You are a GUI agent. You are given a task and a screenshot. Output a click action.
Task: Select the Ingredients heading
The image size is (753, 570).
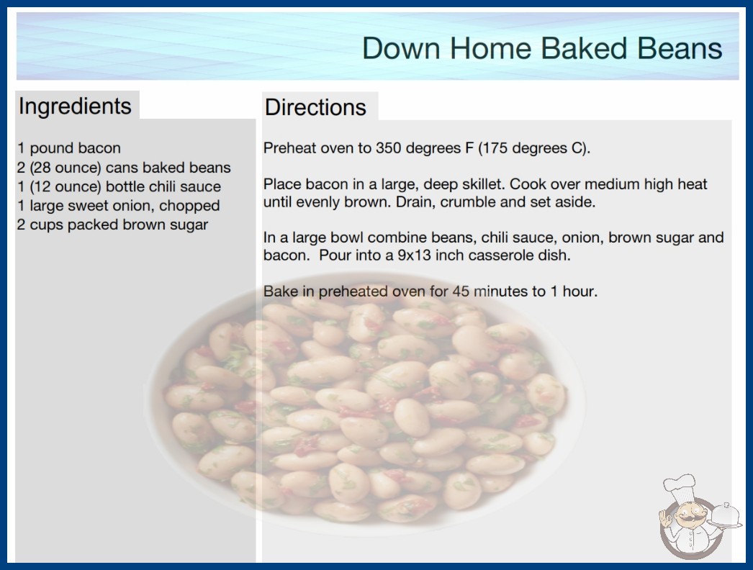coord(75,107)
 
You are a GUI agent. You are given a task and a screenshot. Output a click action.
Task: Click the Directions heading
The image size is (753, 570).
coord(315,107)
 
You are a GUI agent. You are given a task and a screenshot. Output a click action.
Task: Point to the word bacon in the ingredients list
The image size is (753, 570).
coord(99,148)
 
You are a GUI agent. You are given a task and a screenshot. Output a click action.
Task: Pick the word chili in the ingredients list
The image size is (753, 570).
coord(162,186)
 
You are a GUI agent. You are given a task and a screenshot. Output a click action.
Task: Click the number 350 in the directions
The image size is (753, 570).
coord(388,148)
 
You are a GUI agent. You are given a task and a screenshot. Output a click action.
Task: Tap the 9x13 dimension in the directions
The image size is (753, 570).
coord(415,255)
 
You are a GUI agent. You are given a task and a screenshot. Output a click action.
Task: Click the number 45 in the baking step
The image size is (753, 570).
coord(461,291)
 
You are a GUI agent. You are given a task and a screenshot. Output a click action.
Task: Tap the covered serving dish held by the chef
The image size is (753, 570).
coord(725,516)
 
